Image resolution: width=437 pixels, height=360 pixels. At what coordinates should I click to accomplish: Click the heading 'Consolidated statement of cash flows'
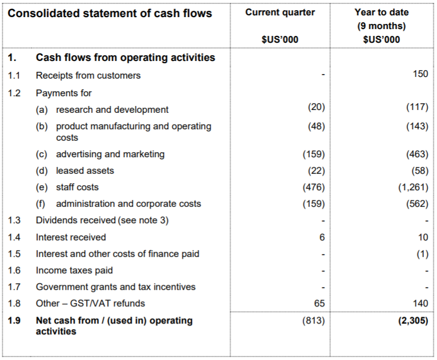tap(110, 13)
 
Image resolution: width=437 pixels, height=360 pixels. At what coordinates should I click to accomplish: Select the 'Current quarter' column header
tap(280, 13)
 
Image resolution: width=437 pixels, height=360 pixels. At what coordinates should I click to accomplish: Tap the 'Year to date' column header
tap(381, 13)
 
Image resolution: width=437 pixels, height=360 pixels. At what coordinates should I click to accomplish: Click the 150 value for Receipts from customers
tap(420, 75)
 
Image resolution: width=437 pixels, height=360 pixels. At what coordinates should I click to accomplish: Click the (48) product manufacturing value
tap(316, 126)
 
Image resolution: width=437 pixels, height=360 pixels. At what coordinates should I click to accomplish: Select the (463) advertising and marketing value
tap(418, 154)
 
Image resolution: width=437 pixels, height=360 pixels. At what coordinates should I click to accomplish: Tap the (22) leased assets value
tap(316, 170)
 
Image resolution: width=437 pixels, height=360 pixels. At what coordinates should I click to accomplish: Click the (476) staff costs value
tap(314, 187)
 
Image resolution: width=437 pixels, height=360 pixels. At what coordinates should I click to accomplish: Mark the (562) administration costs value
tap(418, 203)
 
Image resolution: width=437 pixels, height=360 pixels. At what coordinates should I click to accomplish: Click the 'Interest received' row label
tap(71, 237)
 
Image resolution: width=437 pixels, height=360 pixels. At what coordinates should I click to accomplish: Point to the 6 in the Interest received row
tap(322, 237)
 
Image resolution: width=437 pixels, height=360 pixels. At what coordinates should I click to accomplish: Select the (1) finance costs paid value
tap(422, 253)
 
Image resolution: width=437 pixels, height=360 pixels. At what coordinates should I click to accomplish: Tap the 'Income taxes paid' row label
tap(74, 270)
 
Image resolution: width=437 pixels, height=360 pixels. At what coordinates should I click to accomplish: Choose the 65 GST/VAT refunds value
tap(319, 304)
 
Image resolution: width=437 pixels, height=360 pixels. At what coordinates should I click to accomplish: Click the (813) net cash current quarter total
tap(314, 321)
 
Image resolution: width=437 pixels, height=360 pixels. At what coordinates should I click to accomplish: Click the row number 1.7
tap(15, 287)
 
